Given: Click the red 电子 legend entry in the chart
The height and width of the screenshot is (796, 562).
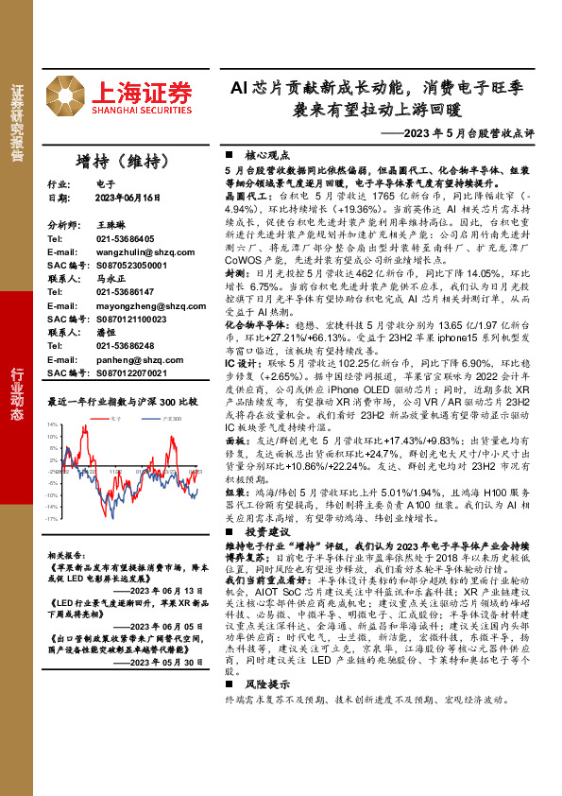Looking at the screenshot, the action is [114, 416].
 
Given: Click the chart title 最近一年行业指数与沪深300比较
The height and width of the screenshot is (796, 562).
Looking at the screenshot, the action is [123, 401].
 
